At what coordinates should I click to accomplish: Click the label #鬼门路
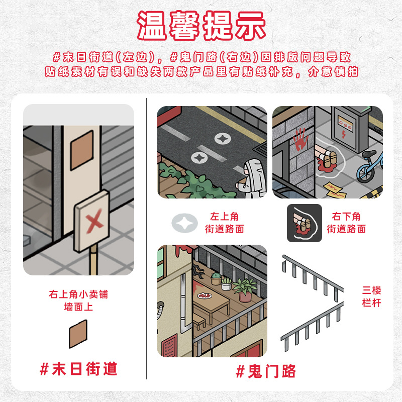(x=266, y=371)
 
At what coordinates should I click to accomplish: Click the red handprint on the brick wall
(x=299, y=139)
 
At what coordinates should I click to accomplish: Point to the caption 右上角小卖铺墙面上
(x=78, y=300)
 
